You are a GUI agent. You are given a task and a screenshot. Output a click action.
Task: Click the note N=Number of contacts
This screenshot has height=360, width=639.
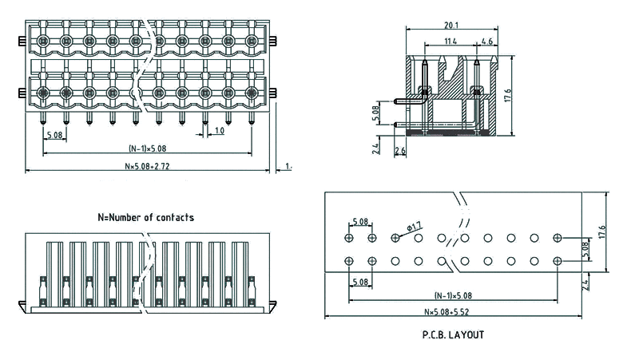click(145, 216)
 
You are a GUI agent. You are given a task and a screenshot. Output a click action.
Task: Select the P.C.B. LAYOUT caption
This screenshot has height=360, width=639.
click(453, 334)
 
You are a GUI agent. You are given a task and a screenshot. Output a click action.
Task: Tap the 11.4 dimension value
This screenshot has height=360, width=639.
click(450, 41)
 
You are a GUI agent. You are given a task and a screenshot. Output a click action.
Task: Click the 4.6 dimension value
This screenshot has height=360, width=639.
click(487, 41)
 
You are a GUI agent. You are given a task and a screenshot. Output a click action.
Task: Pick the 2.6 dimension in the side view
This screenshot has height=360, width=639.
click(400, 150)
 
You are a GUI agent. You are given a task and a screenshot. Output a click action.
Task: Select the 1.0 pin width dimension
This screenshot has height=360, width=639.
click(219, 129)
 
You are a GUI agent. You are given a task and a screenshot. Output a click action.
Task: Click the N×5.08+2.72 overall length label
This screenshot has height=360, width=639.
click(147, 166)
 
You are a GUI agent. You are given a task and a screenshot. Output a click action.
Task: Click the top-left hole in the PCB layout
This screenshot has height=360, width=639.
click(349, 238)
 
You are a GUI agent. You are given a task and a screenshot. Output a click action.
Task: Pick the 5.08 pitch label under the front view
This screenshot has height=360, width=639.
click(55, 134)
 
